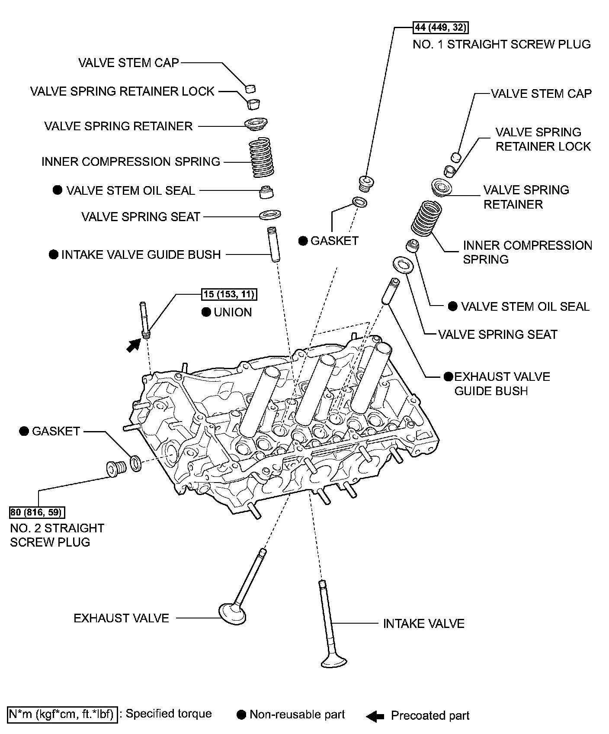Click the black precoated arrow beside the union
point(133,346)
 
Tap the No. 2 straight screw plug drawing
point(115,469)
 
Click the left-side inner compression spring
point(263,158)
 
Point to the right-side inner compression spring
point(426,217)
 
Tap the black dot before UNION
point(206,312)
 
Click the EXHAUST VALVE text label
point(121,618)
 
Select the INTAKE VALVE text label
point(423,624)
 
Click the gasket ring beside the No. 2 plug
point(135,463)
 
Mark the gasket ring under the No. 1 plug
point(359,202)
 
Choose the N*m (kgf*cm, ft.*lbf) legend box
point(62,714)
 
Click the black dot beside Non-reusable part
point(241,715)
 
